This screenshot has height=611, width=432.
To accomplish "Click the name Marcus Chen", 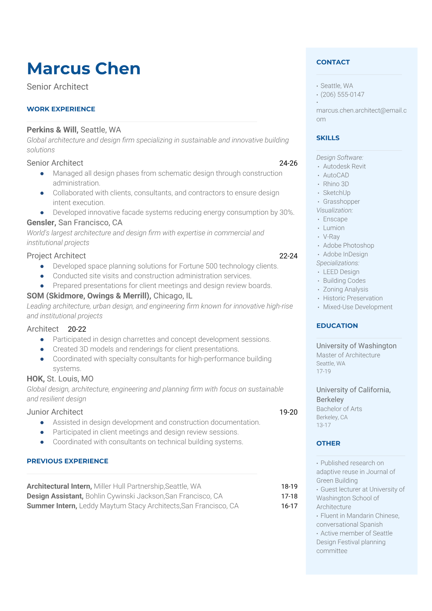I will pyautogui.click(x=83, y=69).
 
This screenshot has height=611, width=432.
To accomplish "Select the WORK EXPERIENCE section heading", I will pyautogui.click(x=61, y=109).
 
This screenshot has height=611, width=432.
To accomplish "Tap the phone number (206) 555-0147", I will pyautogui.click(x=342, y=94).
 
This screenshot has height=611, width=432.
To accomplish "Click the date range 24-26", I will pyautogui.click(x=288, y=163).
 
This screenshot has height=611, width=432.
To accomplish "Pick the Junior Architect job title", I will pyautogui.click(x=55, y=412).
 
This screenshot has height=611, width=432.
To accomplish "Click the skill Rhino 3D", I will pyautogui.click(x=336, y=184).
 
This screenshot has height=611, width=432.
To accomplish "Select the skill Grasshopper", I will pyautogui.click(x=341, y=201).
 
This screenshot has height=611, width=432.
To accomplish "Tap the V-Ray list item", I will pyautogui.click(x=331, y=237).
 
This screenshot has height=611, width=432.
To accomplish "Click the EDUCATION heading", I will pyautogui.click(x=337, y=326).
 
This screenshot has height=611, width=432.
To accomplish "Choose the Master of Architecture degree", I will pyautogui.click(x=348, y=355).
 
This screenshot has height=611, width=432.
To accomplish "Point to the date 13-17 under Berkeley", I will pyautogui.click(x=323, y=425).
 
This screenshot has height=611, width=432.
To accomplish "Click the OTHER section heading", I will pyautogui.click(x=328, y=443).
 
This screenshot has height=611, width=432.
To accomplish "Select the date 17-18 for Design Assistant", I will pyautogui.click(x=289, y=496).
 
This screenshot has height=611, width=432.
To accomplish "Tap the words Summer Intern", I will pyautogui.click(x=52, y=506).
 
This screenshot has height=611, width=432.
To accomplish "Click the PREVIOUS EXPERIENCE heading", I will pyautogui.click(x=68, y=461).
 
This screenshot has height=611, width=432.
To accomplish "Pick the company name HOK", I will pyautogui.click(x=35, y=379).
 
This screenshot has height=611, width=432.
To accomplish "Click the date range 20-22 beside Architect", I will pyautogui.click(x=77, y=329).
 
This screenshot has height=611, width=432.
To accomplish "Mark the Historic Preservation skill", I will pyautogui.click(x=352, y=298).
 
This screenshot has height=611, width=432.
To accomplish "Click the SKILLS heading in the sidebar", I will pyautogui.click(x=328, y=138).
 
